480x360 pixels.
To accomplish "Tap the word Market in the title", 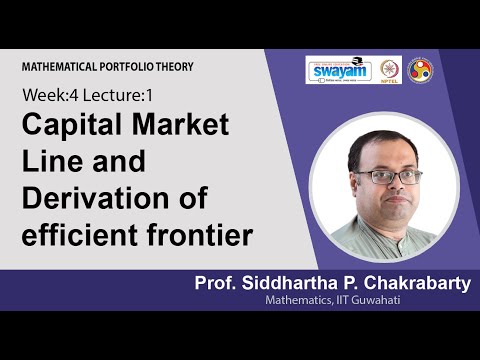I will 182,128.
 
